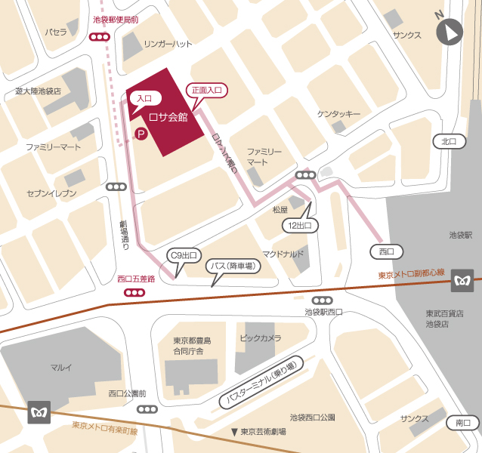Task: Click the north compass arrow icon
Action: pos(450,32)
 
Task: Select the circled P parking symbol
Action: pos(140,134)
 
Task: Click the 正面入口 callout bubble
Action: pos(206,90)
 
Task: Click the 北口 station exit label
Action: pos(449,141)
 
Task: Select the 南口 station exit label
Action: pos(462,423)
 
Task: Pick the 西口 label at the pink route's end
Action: pos(386,251)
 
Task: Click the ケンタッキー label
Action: pos(338,113)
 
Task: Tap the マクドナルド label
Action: pos(283,254)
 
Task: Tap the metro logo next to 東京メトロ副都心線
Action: pos(462,281)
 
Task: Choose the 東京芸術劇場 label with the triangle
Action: pos(258,432)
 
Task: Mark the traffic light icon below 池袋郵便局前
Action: pos(98,36)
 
